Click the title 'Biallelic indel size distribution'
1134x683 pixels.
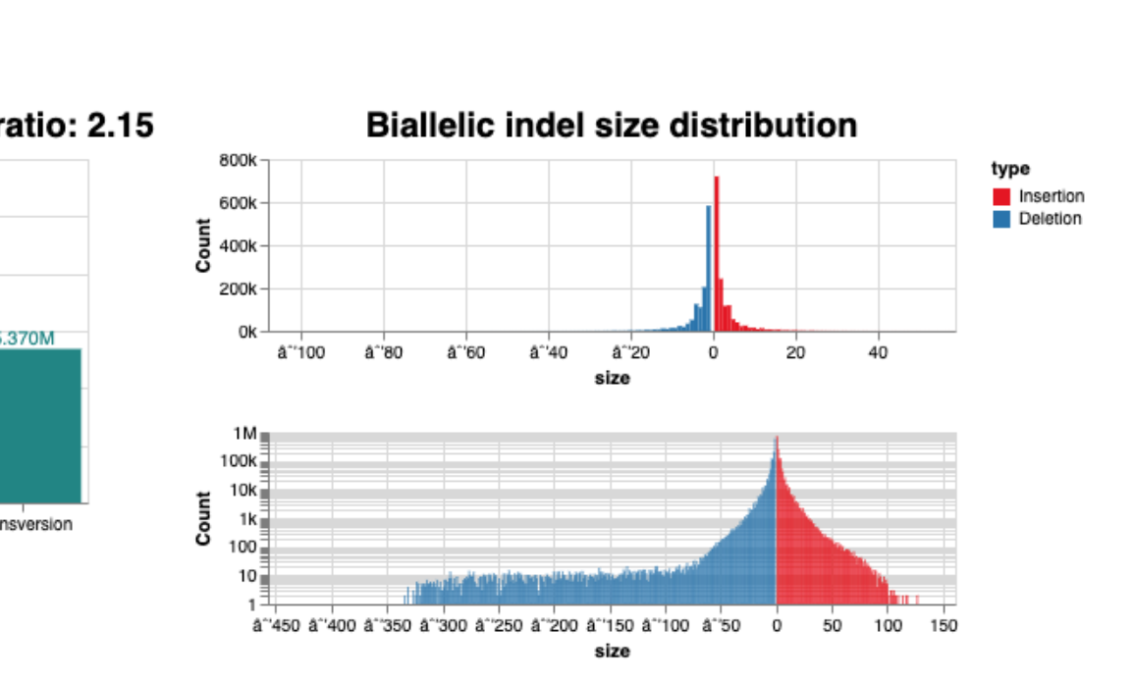point(611,126)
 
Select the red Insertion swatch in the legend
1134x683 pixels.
point(1001,196)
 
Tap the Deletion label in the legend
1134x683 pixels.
point(1050,219)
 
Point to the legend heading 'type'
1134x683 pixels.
point(1010,169)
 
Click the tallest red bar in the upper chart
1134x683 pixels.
point(717,255)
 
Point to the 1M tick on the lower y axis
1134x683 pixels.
point(245,434)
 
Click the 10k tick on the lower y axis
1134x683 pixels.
point(243,490)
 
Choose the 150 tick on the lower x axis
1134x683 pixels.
point(944,625)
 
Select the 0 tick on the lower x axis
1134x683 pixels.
point(777,625)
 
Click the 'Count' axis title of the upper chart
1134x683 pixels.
point(203,245)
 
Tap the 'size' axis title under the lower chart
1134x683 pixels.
point(612,651)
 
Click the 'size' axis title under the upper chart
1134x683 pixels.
point(612,378)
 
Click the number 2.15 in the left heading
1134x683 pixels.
point(121,126)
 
